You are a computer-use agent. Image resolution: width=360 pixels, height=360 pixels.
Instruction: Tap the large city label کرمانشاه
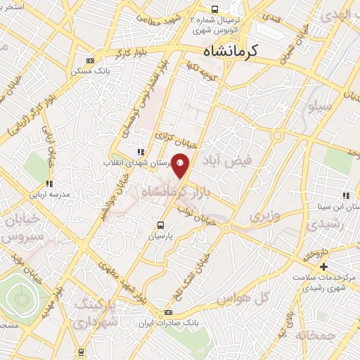[230, 51]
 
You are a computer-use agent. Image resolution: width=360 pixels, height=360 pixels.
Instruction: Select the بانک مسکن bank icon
[88, 61]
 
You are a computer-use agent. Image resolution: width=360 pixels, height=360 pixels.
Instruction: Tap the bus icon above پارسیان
[161, 225]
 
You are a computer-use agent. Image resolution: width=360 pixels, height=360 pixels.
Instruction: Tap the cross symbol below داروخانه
[323, 266]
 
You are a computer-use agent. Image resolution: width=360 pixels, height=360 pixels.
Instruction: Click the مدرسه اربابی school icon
[49, 184]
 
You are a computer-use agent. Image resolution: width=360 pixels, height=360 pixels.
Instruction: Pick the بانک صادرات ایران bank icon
[167, 312]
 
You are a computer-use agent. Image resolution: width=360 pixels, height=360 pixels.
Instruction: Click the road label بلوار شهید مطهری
[122, 274]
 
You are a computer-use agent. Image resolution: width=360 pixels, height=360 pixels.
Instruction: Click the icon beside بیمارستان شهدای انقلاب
[141, 151]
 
